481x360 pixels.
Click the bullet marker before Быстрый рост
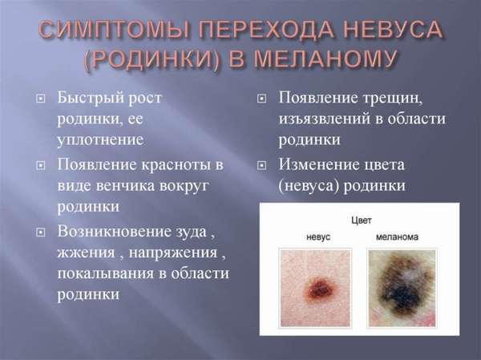(41, 99)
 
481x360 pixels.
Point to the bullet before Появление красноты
(41, 166)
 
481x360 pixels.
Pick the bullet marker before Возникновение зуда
(41, 233)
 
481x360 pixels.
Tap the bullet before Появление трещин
(261, 99)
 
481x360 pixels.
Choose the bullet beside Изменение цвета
(261, 166)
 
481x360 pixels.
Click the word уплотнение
(101, 140)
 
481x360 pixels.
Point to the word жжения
(87, 253)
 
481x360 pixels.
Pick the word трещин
(392, 99)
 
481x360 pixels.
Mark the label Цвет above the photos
(361, 220)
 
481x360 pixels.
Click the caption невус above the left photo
(318, 237)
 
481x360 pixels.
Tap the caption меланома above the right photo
(397, 237)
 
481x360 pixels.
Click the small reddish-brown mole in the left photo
(321, 288)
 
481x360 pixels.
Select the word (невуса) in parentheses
(309, 186)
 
